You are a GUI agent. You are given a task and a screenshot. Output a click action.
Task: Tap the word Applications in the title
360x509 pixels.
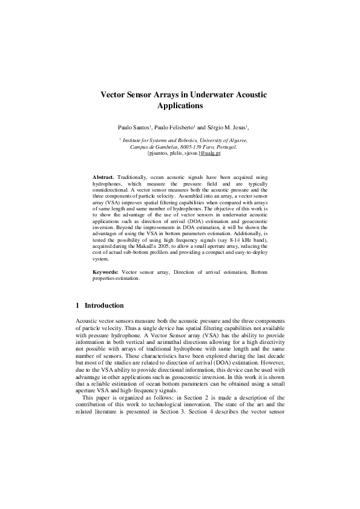(180, 106)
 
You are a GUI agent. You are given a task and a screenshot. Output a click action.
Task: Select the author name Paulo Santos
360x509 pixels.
(133, 128)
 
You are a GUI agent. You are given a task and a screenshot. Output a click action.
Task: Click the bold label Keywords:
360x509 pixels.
(106, 273)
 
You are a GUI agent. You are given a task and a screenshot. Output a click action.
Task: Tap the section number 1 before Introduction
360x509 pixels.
(76, 306)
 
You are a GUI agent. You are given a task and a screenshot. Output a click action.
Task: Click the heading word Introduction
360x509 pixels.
(104, 306)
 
